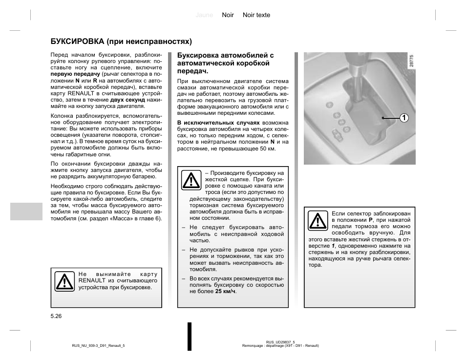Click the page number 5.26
tap(56, 317)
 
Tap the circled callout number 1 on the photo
tap(403, 118)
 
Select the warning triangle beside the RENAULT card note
tap(64, 281)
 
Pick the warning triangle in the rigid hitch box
tap(191, 180)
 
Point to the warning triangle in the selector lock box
tap(318, 221)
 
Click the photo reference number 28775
tap(412, 61)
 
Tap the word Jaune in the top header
tap(204, 15)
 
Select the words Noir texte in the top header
tap(256, 15)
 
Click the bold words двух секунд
tap(128, 100)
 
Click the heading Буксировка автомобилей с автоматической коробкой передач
tap(225, 63)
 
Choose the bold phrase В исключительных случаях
tap(212, 123)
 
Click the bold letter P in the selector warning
tap(371, 220)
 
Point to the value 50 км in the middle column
tap(268, 149)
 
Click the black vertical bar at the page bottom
tap(190, 336)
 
